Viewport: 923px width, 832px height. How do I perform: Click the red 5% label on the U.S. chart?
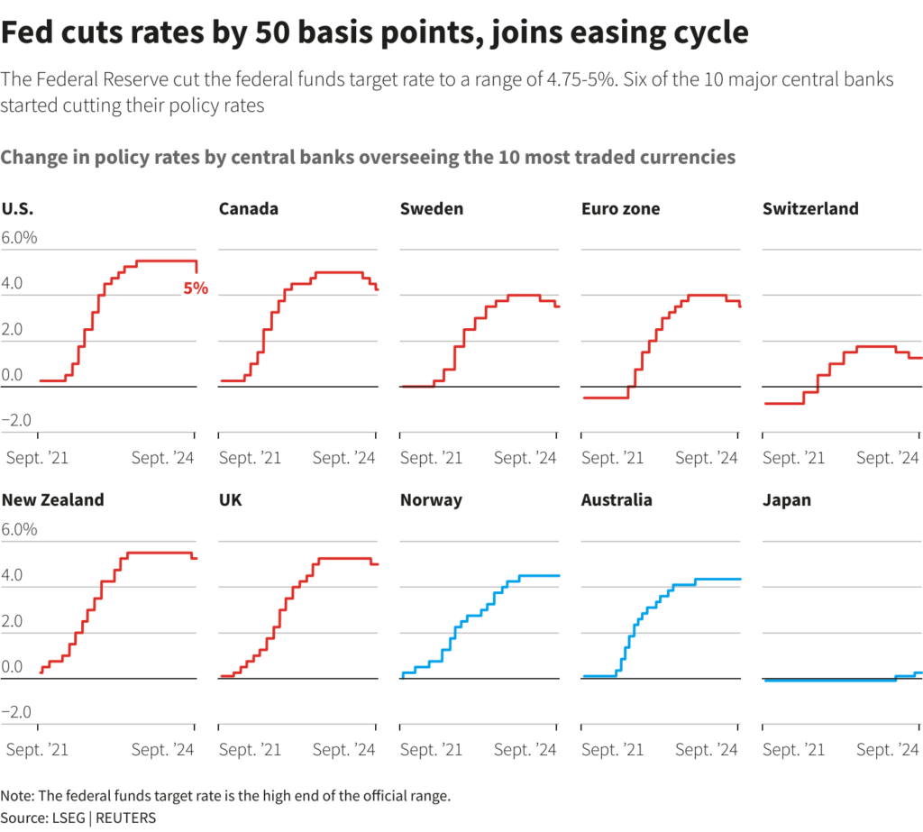click(196, 289)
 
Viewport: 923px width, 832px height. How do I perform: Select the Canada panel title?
click(249, 209)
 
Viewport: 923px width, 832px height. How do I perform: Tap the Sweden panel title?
click(432, 209)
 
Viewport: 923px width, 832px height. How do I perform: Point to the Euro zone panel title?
click(621, 209)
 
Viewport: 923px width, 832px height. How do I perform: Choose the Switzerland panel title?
click(810, 209)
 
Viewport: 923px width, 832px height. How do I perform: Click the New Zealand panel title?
click(53, 499)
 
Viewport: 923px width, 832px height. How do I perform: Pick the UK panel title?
click(232, 499)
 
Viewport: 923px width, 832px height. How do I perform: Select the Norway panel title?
click(431, 499)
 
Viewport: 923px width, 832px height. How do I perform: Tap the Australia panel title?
click(617, 499)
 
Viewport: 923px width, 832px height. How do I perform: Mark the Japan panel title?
click(787, 499)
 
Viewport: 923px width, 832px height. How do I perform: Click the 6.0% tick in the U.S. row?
click(19, 239)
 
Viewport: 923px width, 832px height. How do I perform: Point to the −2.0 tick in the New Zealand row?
click(19, 713)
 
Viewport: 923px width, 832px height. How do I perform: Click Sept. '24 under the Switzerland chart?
click(888, 459)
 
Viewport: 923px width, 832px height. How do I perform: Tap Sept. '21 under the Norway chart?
click(432, 750)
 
